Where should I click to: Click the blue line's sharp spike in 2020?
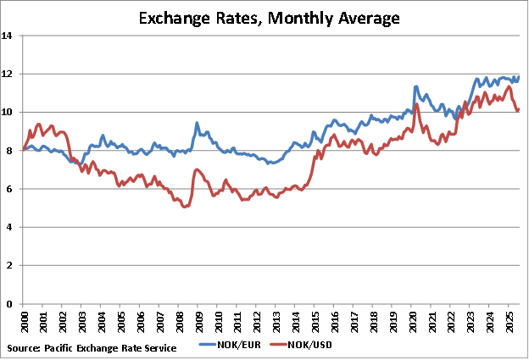[x=416, y=86]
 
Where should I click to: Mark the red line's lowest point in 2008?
[x=186, y=206]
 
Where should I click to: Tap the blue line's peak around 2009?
[x=197, y=123]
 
